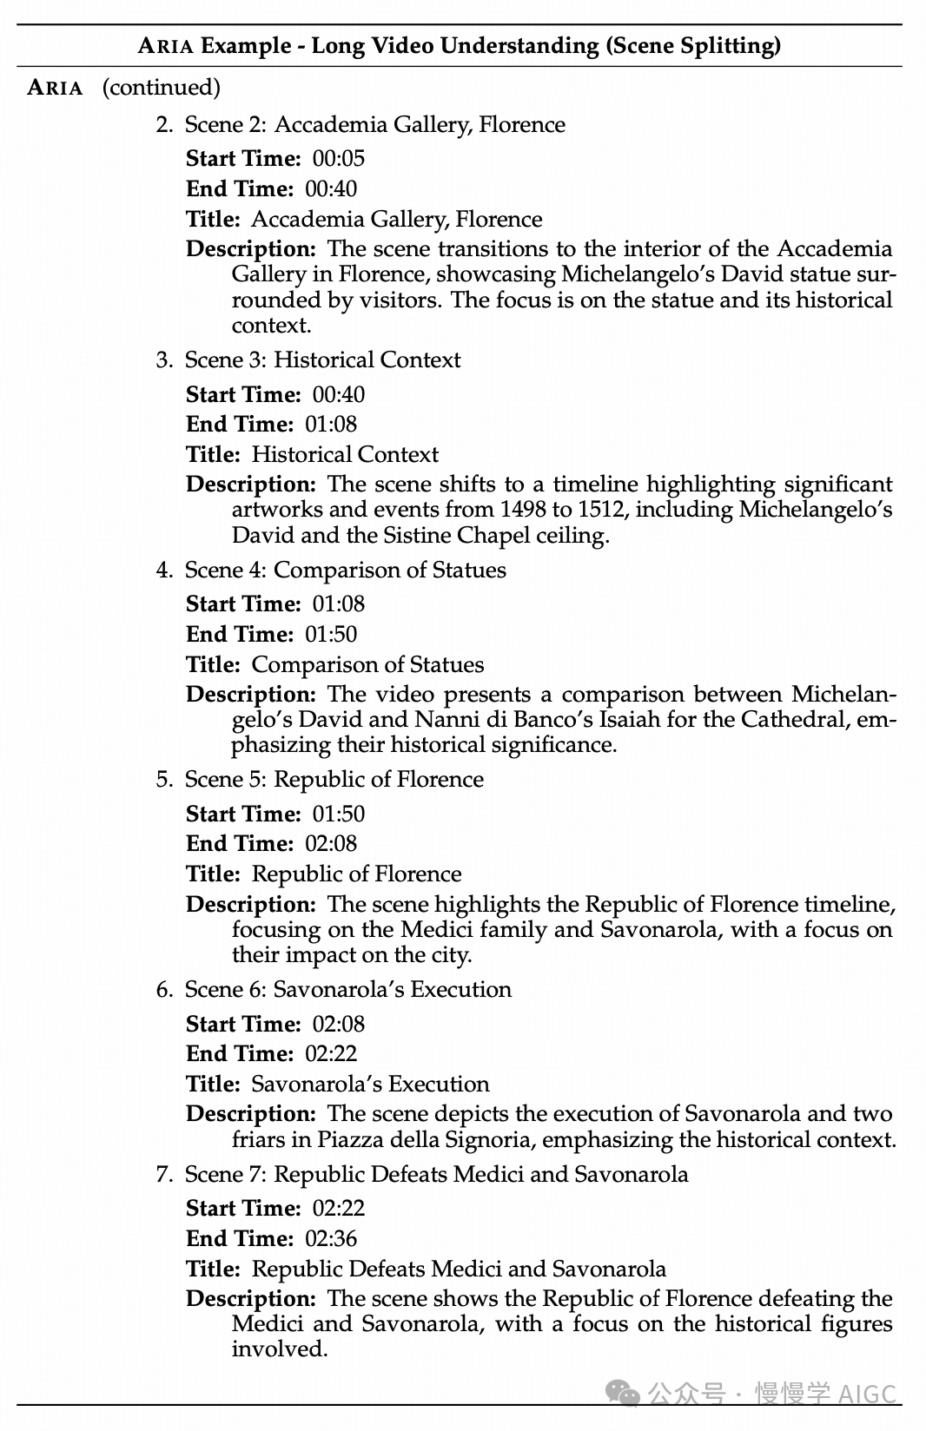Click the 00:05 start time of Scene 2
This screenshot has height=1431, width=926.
(x=339, y=159)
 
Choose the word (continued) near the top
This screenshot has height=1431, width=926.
(x=162, y=88)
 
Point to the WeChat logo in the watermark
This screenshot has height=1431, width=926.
(x=624, y=1393)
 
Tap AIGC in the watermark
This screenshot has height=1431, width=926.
(x=868, y=1394)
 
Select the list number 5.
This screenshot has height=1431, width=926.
(x=163, y=780)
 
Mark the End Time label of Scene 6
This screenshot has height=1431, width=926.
(x=240, y=1054)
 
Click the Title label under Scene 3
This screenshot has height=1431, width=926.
(x=213, y=455)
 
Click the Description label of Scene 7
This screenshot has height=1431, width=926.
(x=250, y=1299)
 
